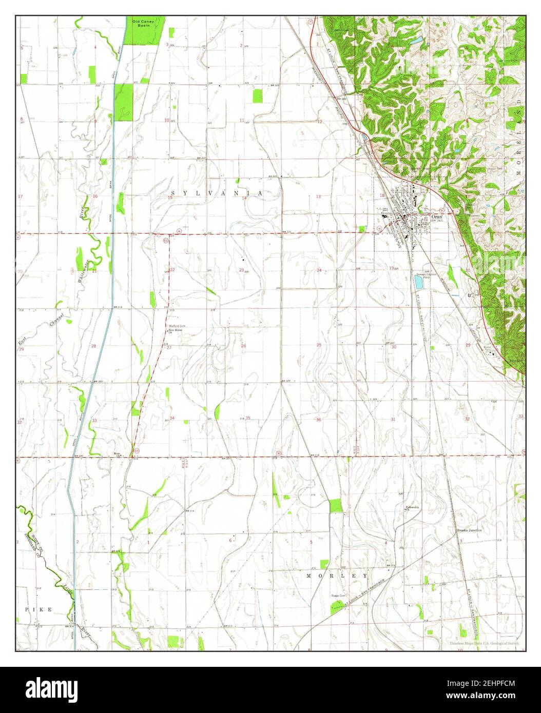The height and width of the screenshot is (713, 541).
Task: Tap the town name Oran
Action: (437, 216)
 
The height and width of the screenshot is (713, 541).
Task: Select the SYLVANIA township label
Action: (217, 193)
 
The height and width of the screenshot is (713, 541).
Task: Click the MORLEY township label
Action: (337, 576)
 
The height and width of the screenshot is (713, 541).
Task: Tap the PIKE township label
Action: (39, 609)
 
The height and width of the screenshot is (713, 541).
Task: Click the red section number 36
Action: (318, 420)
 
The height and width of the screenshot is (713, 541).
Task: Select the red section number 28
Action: (94, 346)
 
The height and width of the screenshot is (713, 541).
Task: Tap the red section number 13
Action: (318, 196)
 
